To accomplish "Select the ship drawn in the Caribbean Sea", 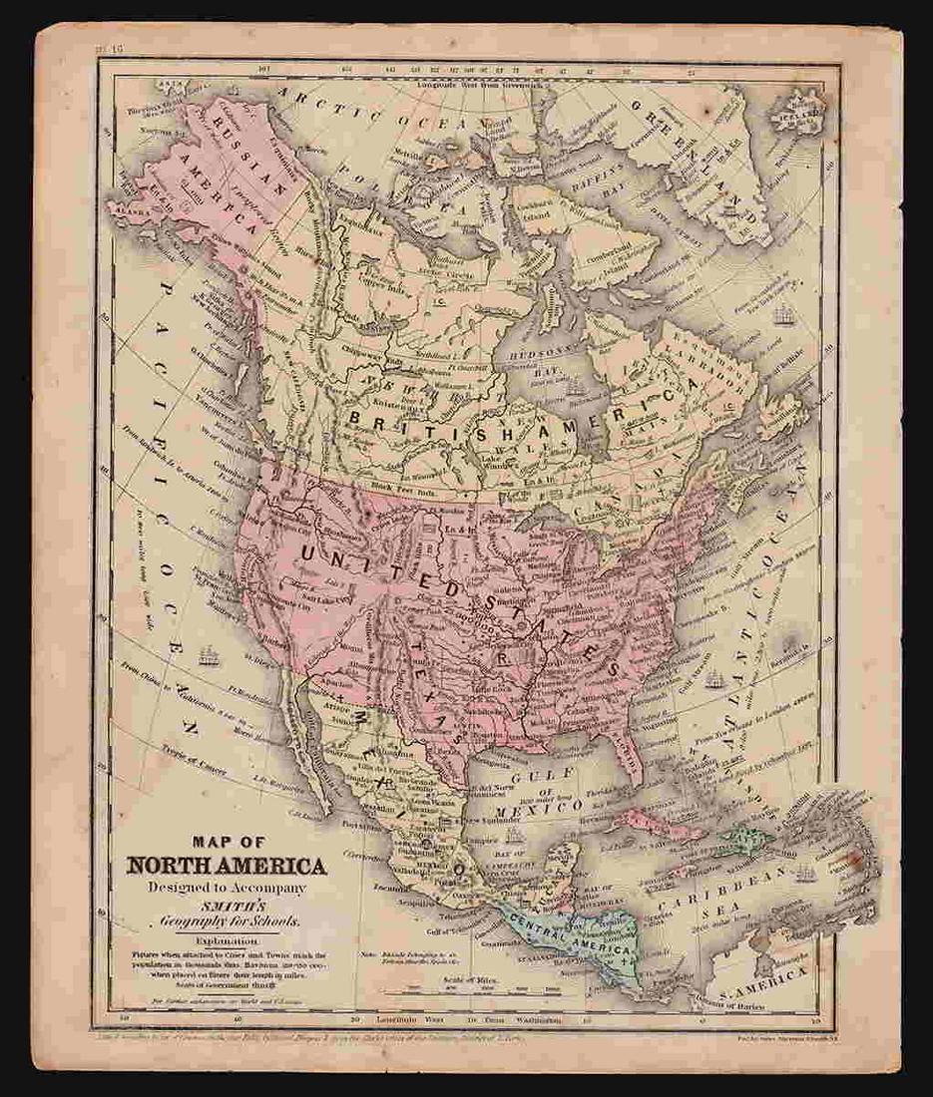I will pos(804,875).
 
